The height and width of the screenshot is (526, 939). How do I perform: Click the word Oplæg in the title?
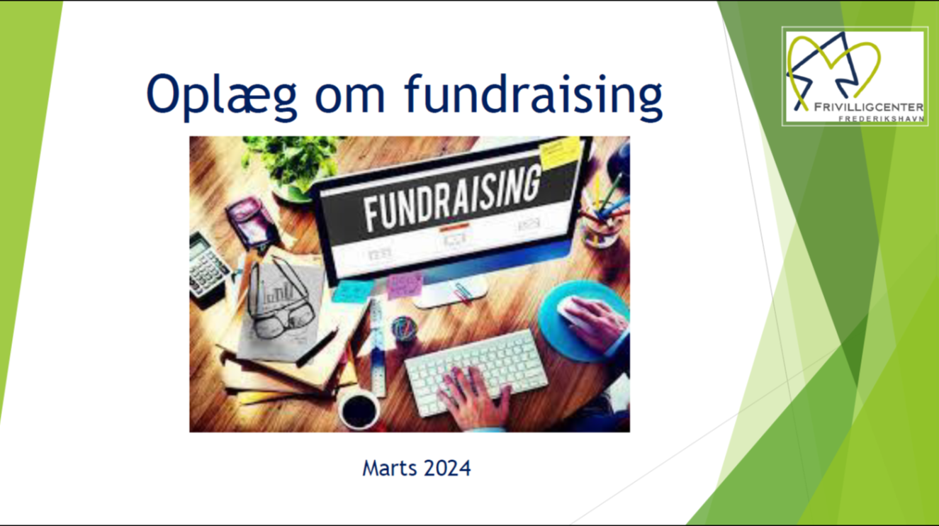click(x=221, y=96)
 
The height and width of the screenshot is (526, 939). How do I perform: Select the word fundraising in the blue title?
click(x=533, y=96)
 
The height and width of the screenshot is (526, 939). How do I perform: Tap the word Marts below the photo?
click(x=390, y=468)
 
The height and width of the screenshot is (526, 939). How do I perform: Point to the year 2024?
click(x=447, y=468)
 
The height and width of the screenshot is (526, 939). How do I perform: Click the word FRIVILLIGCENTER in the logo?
click(x=869, y=107)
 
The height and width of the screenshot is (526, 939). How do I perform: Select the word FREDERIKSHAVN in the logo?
click(x=881, y=118)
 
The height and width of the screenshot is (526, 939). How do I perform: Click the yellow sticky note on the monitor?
click(x=560, y=153)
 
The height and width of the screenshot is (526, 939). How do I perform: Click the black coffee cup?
click(x=359, y=409)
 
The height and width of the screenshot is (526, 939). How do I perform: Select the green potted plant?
click(x=293, y=166)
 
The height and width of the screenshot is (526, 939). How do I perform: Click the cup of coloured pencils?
click(x=605, y=214)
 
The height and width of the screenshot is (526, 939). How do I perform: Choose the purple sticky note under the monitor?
click(x=404, y=285)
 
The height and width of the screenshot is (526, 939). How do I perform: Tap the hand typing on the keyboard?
click(x=473, y=398)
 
